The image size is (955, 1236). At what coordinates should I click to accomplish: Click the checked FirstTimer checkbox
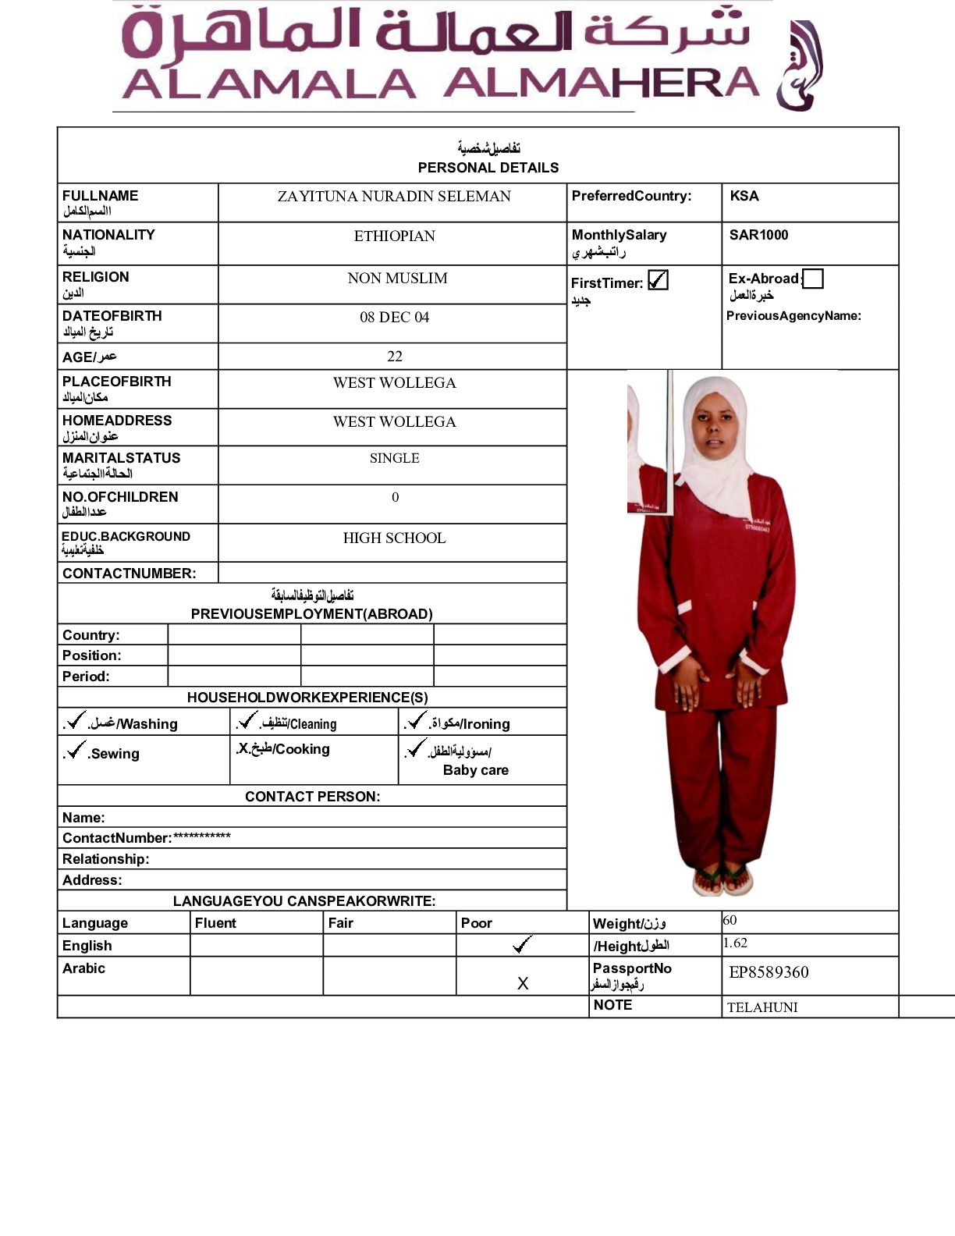pyautogui.click(x=659, y=280)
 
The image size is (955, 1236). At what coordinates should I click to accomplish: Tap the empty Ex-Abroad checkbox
pyautogui.click(x=813, y=279)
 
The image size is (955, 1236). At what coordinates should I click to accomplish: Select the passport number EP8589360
pyautogui.click(x=769, y=972)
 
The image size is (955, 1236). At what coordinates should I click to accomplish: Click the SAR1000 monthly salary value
pyautogui.click(x=758, y=235)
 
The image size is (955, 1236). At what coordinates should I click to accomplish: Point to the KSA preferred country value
pyautogui.click(x=744, y=196)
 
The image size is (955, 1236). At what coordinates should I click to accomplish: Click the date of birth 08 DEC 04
pyautogui.click(x=394, y=317)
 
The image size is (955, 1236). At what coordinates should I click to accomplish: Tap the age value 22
pyautogui.click(x=395, y=356)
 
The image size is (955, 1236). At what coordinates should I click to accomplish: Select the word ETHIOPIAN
pyautogui.click(x=394, y=236)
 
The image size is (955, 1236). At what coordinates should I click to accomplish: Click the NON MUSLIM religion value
pyautogui.click(x=397, y=278)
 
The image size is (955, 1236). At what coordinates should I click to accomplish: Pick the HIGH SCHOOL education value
pyautogui.click(x=394, y=538)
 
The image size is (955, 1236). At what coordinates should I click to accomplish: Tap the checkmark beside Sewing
pyautogui.click(x=76, y=750)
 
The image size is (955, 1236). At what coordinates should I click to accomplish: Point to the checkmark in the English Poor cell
pyautogui.click(x=522, y=945)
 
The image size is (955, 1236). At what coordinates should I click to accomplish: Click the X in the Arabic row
pyautogui.click(x=523, y=983)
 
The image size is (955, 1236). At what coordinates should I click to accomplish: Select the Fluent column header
pyautogui.click(x=215, y=923)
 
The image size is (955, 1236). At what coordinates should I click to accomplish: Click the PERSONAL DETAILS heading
pyautogui.click(x=488, y=168)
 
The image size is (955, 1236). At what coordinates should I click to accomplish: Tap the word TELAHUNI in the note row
pyautogui.click(x=762, y=1007)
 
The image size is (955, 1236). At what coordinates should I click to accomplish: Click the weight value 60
pyautogui.click(x=730, y=921)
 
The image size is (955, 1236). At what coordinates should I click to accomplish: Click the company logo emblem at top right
pyautogui.click(x=799, y=66)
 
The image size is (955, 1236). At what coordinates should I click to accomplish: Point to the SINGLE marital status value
pyautogui.click(x=394, y=458)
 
